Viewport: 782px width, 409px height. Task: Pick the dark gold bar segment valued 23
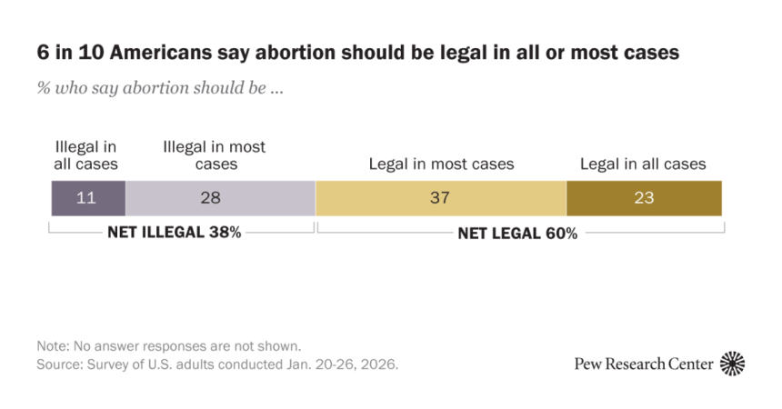(644, 198)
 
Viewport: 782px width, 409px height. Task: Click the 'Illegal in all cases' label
(86, 155)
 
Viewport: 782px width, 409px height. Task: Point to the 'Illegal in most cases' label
(215, 155)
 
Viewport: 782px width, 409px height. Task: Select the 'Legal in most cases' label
(441, 165)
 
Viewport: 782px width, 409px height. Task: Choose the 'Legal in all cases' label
(644, 165)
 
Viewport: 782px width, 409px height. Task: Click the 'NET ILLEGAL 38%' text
(174, 232)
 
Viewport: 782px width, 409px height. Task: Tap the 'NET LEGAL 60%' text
(517, 233)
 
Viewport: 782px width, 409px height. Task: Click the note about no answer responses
(168, 346)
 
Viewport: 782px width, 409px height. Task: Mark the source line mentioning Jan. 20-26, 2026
(217, 364)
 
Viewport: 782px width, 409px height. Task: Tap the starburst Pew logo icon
(733, 364)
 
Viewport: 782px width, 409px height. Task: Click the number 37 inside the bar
(441, 198)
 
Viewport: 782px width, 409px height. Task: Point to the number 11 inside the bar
(87, 198)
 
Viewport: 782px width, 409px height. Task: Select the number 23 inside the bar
(644, 198)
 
